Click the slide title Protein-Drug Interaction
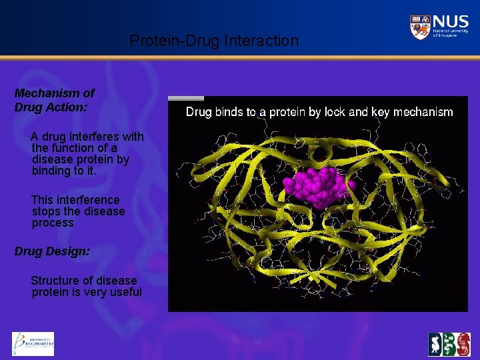click(214, 41)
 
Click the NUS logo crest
click(419, 27)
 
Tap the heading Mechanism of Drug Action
click(54, 100)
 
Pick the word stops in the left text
click(46, 211)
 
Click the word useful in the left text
click(126, 292)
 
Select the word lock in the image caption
click(335, 112)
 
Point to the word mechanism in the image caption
click(423, 112)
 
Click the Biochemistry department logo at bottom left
click(33, 344)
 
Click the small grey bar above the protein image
click(186, 98)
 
